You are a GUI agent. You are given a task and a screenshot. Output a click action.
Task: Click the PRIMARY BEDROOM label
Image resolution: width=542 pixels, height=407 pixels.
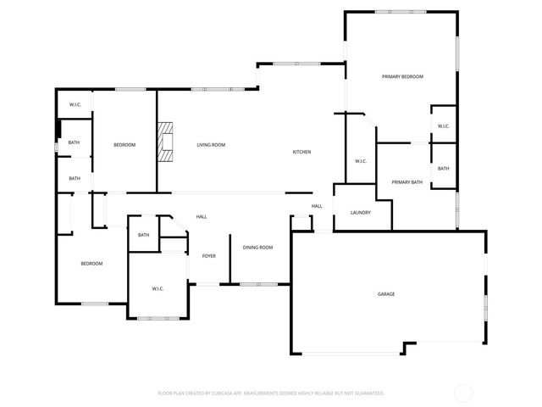(x=402, y=77)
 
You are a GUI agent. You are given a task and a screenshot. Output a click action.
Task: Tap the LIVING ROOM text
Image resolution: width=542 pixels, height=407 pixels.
(x=211, y=145)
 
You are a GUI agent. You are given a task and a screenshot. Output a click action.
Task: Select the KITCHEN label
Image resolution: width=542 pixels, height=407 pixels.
(x=301, y=152)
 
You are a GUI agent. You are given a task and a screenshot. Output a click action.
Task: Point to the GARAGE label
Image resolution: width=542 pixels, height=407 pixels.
(x=386, y=294)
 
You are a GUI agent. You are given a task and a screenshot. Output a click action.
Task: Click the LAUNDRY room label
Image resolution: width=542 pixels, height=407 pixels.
(x=361, y=212)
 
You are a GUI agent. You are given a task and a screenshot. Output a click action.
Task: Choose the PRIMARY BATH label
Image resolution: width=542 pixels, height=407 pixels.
(x=406, y=182)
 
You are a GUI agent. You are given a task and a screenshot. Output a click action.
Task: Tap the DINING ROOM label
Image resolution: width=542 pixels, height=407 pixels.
(x=257, y=247)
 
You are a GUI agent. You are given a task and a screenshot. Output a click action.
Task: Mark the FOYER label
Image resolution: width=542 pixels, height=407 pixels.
(x=208, y=255)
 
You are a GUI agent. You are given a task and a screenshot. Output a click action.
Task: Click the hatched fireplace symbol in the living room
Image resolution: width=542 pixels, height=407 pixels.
(x=164, y=142)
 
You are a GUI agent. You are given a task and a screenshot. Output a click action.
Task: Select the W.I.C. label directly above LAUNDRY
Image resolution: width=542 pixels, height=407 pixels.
(x=360, y=160)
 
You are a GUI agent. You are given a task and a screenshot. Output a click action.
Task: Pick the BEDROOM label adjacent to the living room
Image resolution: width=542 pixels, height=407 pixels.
(x=124, y=145)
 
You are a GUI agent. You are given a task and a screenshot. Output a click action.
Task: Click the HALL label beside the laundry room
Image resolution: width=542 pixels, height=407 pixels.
(x=317, y=206)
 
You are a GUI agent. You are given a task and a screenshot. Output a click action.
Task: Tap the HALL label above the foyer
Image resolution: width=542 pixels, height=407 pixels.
(x=202, y=217)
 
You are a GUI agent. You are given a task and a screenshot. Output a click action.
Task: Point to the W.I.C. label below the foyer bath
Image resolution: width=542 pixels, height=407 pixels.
(x=158, y=289)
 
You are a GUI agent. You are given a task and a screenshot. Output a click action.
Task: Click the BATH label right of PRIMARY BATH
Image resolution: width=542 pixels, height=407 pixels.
(x=443, y=169)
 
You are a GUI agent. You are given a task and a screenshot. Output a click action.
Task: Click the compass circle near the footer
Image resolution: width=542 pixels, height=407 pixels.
(x=463, y=393)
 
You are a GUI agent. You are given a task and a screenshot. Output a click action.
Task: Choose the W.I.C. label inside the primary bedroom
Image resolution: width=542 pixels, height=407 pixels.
(x=443, y=126)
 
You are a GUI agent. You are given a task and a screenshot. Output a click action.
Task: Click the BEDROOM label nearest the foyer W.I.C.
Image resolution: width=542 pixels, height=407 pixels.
(x=91, y=264)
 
